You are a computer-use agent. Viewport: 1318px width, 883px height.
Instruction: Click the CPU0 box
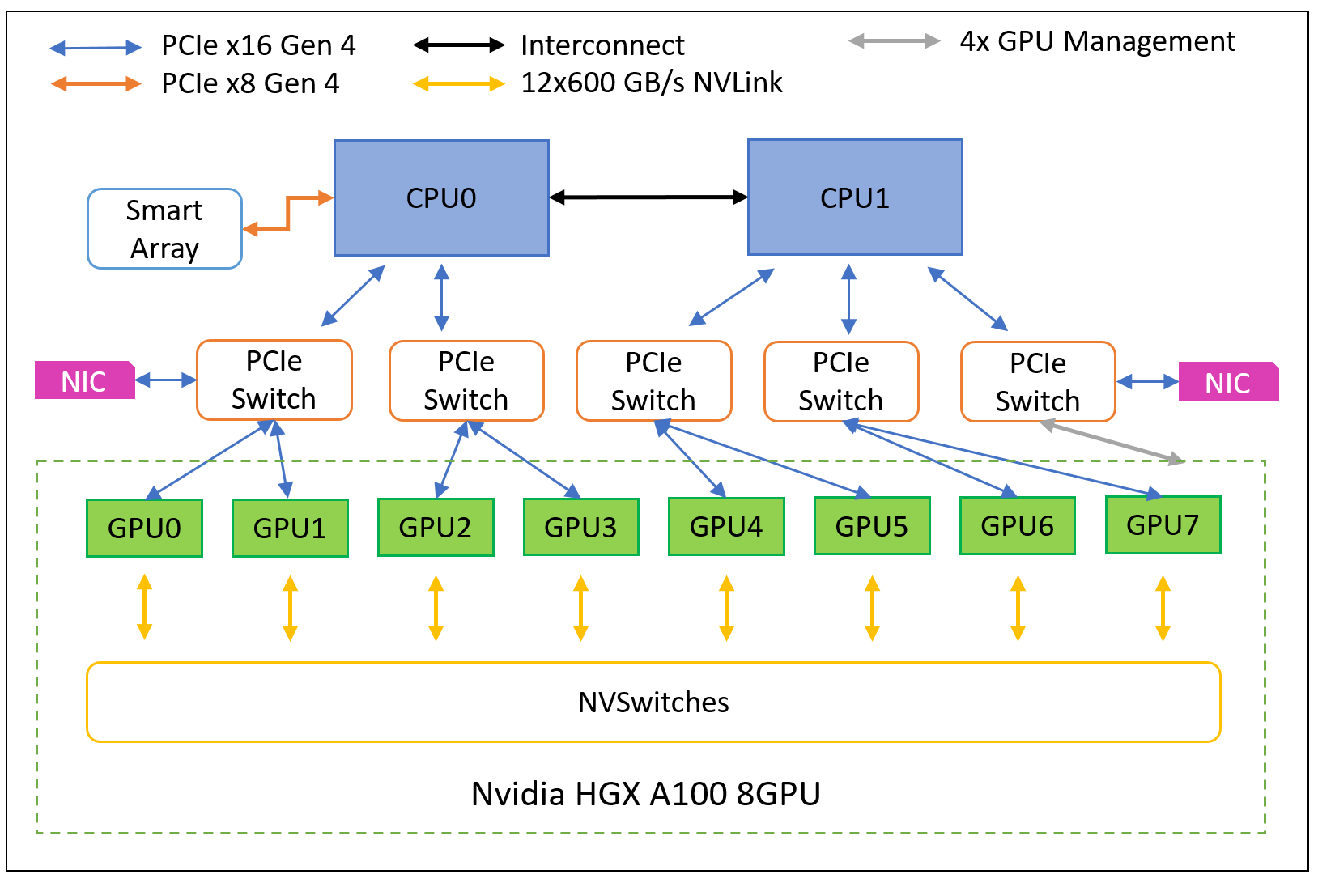point(441,197)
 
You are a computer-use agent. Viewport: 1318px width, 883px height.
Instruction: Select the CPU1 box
point(854,197)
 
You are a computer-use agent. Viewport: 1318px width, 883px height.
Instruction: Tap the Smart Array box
point(164,229)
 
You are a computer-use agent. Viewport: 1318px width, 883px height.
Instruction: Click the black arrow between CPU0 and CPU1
point(648,197)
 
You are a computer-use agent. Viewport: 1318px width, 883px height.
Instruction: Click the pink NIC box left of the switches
point(84,380)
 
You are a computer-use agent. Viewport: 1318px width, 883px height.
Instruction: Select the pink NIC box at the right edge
point(1227,382)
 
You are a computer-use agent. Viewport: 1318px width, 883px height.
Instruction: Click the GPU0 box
point(144,528)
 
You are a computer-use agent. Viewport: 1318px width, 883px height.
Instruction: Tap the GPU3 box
point(580,527)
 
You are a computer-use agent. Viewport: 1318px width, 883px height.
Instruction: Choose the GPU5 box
point(871,526)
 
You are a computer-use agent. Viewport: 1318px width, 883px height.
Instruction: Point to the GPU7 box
point(1163,524)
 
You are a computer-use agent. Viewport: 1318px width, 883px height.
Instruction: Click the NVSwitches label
point(653,703)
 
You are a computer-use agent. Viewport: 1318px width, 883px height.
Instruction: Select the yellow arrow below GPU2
point(436,608)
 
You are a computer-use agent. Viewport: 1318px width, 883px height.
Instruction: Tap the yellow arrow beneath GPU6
point(1018,608)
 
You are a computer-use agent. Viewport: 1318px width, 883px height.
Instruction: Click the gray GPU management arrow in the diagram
point(1112,443)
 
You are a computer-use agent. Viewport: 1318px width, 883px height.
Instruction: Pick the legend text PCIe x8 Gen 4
point(250,83)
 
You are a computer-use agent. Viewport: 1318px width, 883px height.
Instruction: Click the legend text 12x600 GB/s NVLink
point(652,83)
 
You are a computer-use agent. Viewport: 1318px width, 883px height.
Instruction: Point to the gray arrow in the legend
point(894,40)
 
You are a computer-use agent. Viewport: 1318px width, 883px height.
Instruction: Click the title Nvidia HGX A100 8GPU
point(646,794)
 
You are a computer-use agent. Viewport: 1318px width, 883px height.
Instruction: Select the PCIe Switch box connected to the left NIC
point(274,380)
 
